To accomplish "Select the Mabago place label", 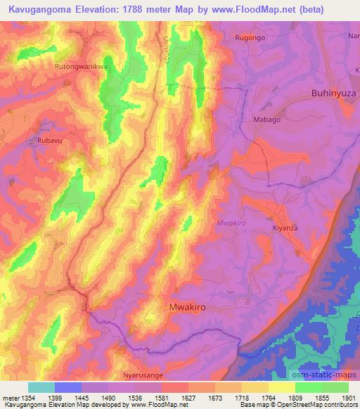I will (266, 120).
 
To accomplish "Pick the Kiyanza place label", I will (286, 228).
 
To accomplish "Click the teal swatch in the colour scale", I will (41, 387).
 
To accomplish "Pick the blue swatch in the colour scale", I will (68, 387).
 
